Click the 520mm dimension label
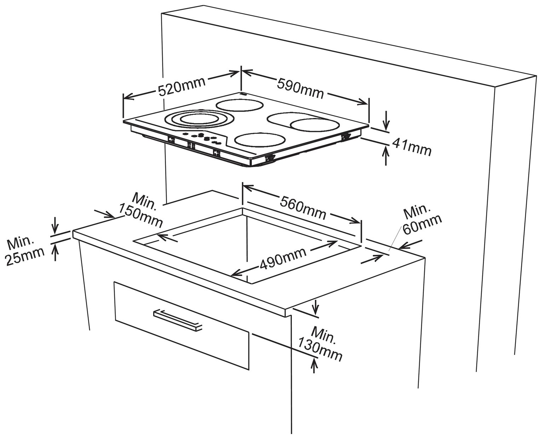(x=181, y=87)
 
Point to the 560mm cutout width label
(x=302, y=208)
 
